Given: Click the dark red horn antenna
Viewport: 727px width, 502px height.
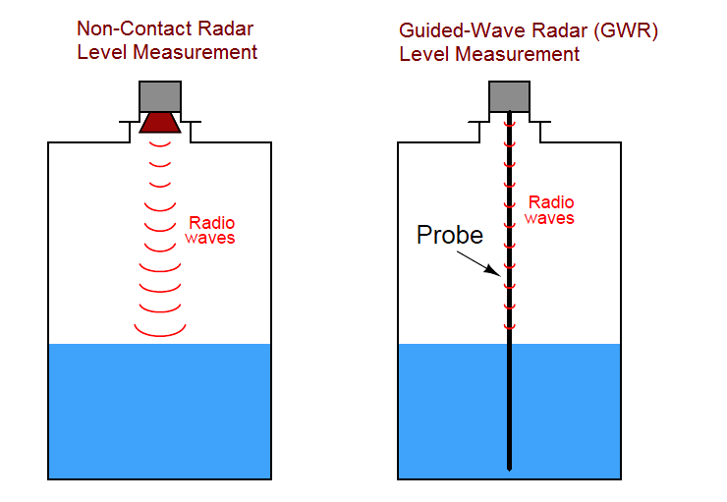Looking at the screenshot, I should point(159,122).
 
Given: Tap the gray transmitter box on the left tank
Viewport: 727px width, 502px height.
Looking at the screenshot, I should point(159,95).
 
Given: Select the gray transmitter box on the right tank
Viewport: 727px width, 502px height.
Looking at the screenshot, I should point(509,95).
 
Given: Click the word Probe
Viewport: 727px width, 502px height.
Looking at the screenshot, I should point(450,236).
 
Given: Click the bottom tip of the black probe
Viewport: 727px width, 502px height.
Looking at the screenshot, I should point(509,466).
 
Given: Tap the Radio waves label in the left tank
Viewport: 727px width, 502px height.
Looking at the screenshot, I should point(212,230).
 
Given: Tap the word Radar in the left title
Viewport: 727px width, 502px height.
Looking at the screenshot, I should point(229,29).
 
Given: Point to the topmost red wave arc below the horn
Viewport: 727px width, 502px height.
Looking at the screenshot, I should point(160,144).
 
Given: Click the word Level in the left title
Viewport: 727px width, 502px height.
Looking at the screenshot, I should point(102,52).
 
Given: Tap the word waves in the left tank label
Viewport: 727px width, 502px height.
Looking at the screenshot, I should point(212,238).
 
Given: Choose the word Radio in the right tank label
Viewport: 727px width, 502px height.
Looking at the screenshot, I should point(549,202).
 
